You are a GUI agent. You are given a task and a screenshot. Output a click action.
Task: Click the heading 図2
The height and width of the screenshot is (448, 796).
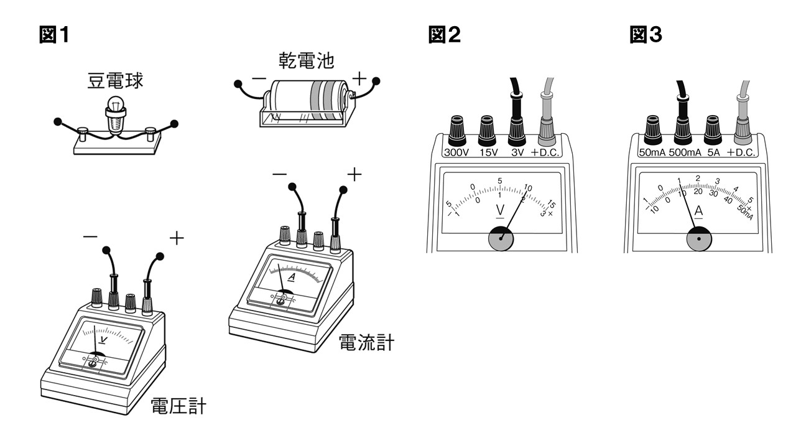click(445, 35)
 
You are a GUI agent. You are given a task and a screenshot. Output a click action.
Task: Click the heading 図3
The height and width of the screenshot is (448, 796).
click(646, 35)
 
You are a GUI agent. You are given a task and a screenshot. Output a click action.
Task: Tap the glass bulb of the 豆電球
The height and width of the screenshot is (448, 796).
click(115, 103)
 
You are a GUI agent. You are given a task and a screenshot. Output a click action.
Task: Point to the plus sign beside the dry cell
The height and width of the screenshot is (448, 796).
click(360, 78)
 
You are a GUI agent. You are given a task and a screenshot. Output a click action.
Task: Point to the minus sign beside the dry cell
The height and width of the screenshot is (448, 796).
click(259, 80)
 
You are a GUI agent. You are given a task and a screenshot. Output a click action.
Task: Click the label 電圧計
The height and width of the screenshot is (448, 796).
click(178, 407)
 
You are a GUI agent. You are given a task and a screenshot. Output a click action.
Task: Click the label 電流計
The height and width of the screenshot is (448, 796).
click(366, 342)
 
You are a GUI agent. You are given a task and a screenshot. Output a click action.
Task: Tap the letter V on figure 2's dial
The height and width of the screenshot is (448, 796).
click(500, 210)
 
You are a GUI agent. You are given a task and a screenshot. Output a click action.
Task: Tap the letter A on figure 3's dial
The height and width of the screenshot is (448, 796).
click(698, 211)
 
